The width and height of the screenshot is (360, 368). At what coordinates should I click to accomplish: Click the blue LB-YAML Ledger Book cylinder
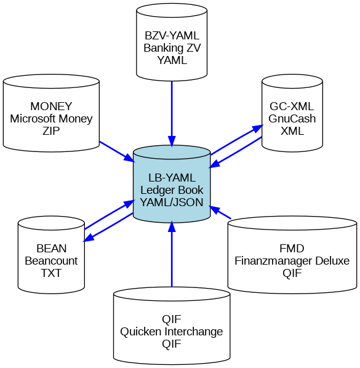click(x=172, y=184)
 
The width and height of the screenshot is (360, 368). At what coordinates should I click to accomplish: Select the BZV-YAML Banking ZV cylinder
click(x=172, y=42)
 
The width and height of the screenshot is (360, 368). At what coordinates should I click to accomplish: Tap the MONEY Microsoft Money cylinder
click(x=51, y=113)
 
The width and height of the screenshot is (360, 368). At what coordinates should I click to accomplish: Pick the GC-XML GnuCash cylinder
click(x=292, y=113)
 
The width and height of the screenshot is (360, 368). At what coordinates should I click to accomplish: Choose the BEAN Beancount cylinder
click(x=51, y=255)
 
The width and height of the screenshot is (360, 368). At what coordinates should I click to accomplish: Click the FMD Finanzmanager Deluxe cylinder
click(x=292, y=255)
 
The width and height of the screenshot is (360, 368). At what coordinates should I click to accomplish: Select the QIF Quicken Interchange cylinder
click(x=172, y=326)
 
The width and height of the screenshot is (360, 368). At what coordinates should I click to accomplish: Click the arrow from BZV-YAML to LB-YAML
click(x=172, y=114)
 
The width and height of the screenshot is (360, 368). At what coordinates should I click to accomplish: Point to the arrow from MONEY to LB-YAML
click(x=117, y=151)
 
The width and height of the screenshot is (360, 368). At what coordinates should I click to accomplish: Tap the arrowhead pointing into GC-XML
click(x=257, y=129)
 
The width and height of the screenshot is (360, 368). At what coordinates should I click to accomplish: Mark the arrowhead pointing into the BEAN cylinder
click(x=89, y=238)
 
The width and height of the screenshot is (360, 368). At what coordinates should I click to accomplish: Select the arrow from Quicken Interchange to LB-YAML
click(x=172, y=254)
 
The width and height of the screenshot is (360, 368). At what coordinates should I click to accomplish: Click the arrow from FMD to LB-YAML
click(x=220, y=212)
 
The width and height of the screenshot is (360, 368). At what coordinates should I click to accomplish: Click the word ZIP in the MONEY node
click(x=51, y=130)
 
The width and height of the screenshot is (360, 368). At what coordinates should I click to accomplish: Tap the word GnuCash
click(x=292, y=119)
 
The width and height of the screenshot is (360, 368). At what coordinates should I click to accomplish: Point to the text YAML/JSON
click(x=172, y=202)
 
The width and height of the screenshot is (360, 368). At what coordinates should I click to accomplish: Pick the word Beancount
click(x=51, y=261)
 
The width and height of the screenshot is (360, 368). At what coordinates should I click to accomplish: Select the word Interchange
click(x=194, y=332)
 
